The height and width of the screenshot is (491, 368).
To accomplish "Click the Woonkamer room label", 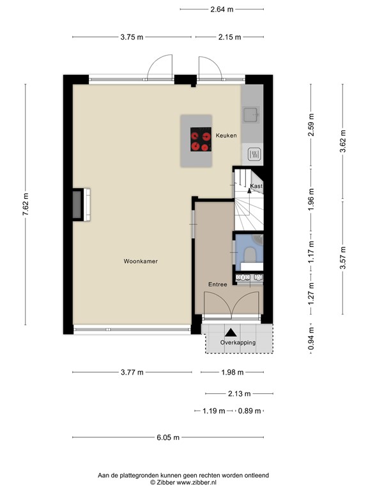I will (x=141, y=261).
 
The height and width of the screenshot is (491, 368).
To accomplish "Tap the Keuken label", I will (x=226, y=136).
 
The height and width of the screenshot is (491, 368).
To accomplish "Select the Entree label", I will (x=217, y=284).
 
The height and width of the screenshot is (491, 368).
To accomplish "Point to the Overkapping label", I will (x=238, y=343).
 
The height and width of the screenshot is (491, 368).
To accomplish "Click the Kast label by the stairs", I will (x=256, y=186).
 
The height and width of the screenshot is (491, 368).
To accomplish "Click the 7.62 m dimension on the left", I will (x=26, y=205).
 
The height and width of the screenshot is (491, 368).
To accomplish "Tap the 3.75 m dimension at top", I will (x=132, y=37).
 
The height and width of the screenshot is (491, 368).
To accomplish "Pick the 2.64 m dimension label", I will (x=222, y=9).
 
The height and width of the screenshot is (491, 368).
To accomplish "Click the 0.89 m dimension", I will (x=249, y=411).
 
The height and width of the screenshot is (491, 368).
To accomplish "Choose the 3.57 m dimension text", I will (x=343, y=258).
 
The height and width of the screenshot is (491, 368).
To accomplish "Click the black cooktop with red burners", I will (x=201, y=140).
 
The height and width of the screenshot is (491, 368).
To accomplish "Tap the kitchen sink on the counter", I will (x=250, y=115).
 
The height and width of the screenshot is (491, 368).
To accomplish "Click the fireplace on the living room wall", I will (x=80, y=204).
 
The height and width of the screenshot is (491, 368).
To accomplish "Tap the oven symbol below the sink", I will (x=254, y=153).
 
